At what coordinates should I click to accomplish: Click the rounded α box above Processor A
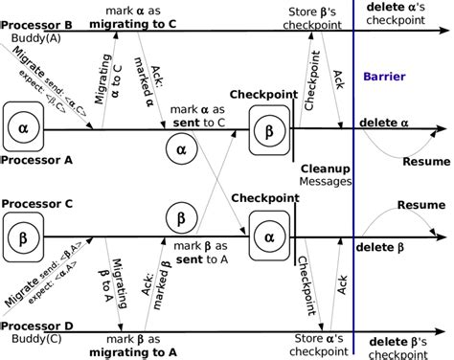[x=25, y=125]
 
